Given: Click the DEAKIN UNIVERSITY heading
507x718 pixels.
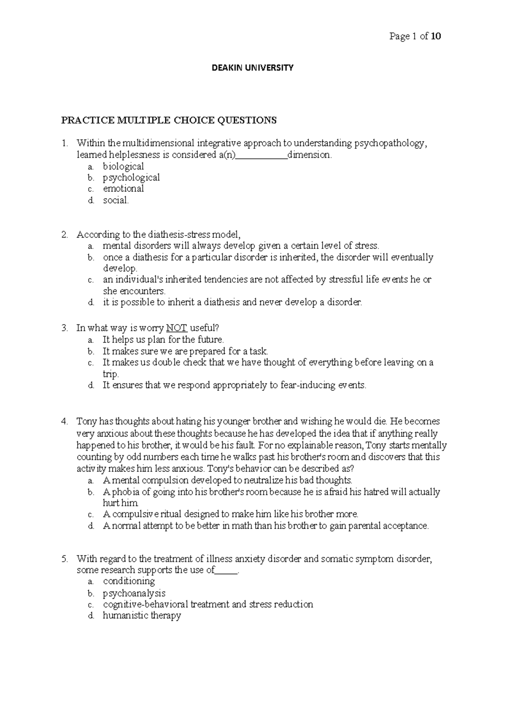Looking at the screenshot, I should click(x=253, y=68).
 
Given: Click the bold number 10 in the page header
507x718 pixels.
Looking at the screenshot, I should click(x=436, y=36).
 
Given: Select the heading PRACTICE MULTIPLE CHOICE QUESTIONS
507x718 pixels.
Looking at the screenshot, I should click(x=169, y=121).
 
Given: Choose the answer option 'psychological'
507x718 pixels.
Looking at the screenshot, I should click(x=131, y=178).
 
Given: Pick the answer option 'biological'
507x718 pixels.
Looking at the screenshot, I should click(x=123, y=167).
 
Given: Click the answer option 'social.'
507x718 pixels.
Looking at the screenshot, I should click(x=116, y=200).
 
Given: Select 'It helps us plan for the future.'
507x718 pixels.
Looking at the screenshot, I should click(x=163, y=340).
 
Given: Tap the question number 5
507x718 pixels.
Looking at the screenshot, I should click(x=64, y=559).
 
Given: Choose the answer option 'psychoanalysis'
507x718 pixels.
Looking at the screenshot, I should click(x=134, y=593).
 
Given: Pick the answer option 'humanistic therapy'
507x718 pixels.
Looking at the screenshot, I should click(x=142, y=616).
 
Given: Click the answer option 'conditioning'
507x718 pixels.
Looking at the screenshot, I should click(x=129, y=581).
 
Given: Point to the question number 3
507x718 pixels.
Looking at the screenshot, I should click(x=64, y=328).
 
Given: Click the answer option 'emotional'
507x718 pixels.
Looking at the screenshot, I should click(x=123, y=189).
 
